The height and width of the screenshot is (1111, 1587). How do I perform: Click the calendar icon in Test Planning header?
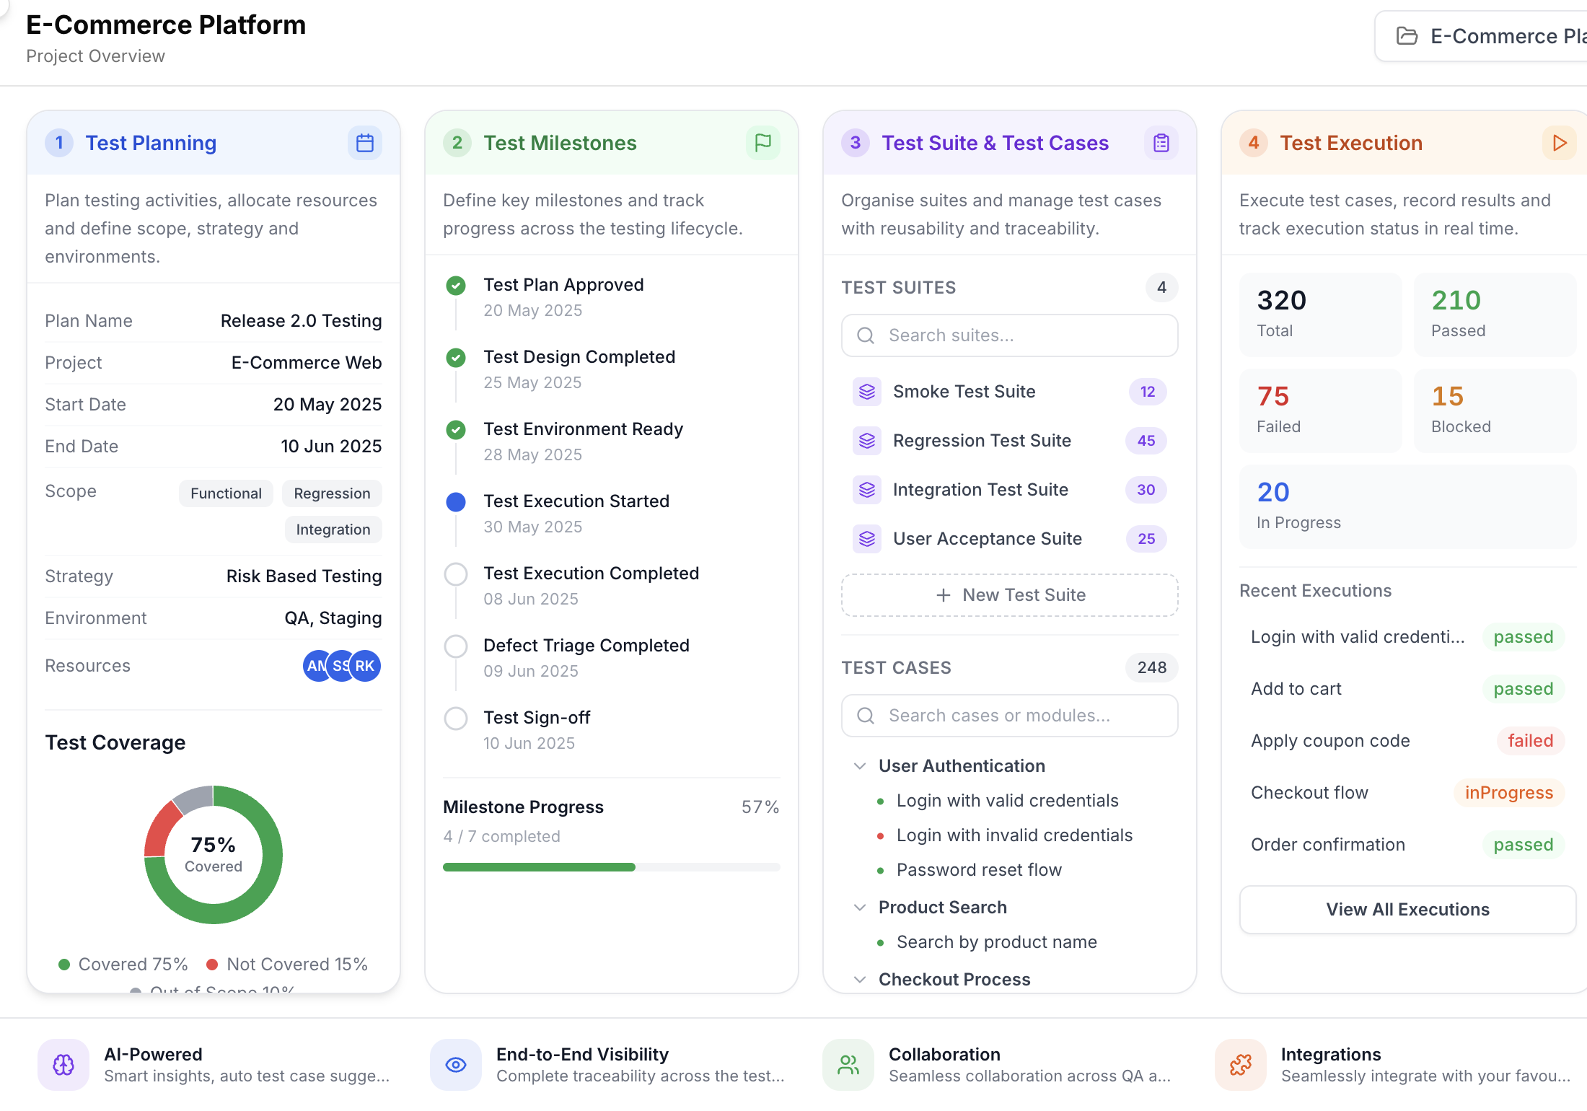tap(365, 143)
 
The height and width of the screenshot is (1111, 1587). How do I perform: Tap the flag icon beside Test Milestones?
tap(763, 143)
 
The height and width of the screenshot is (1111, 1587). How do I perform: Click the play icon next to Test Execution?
tap(1560, 143)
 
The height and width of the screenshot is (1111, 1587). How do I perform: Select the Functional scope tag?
tap(226, 493)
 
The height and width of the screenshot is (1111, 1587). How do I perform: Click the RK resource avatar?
tap(365, 666)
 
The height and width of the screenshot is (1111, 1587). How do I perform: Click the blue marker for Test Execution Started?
tap(456, 502)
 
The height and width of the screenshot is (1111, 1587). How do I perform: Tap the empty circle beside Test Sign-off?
tap(456, 719)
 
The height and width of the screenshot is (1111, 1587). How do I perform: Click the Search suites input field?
tap(1010, 335)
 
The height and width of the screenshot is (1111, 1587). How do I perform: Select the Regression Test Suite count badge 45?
tap(1146, 441)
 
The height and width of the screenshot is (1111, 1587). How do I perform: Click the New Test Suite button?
tap(1010, 595)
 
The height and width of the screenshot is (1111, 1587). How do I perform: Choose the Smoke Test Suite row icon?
tap(867, 392)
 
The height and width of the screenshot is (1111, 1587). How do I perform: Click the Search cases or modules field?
tap(1010, 716)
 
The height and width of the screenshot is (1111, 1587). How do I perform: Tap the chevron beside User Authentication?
tap(860, 766)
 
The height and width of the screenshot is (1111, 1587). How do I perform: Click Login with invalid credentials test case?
tap(1014, 835)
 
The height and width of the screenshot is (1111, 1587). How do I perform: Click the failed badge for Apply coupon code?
tap(1531, 741)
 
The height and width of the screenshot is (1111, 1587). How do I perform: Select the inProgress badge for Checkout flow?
tap(1509, 793)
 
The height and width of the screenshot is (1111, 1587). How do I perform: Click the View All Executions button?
tap(1408, 910)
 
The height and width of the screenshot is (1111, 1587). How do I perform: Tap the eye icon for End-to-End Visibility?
tap(456, 1065)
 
